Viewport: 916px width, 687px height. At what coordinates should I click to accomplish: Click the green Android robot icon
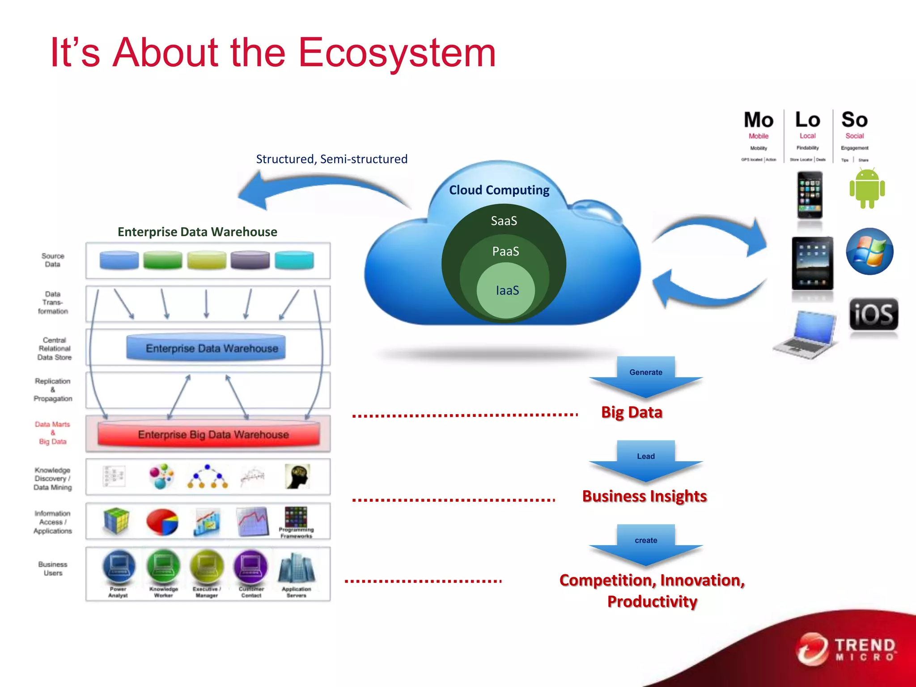coord(867,188)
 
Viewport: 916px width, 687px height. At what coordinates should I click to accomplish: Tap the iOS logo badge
coord(873,314)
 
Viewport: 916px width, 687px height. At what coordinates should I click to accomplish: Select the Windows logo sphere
coord(869,251)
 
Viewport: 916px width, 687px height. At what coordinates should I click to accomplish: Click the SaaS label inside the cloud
coord(504,221)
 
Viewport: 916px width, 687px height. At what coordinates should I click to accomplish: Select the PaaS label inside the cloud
coord(505,251)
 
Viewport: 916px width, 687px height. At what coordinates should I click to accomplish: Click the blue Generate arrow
coord(645,376)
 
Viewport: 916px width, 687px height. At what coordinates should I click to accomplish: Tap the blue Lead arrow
coord(645,460)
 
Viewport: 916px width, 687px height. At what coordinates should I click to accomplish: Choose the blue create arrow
coord(645,544)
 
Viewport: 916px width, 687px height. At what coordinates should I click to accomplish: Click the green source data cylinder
coord(162,260)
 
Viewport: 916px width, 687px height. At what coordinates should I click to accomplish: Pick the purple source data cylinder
coord(250,260)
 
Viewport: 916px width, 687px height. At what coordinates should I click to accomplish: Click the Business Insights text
coord(644,496)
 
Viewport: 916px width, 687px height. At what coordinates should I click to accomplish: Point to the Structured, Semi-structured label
coord(331,159)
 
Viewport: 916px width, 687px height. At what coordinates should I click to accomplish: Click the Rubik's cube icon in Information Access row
coord(116,521)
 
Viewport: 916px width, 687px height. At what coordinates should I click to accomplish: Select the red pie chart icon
coord(162,522)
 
